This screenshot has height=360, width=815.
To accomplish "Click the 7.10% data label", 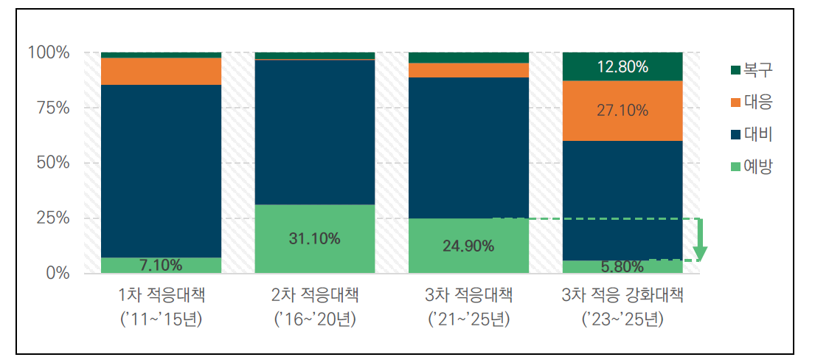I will point(161,265).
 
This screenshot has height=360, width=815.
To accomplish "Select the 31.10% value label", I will point(315,238).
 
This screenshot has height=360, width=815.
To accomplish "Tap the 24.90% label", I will point(468,246).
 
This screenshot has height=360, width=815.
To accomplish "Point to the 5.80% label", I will point(622,266).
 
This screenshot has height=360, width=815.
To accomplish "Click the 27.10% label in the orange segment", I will point(622,111).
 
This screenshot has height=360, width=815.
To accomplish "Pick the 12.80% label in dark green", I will point(622,67).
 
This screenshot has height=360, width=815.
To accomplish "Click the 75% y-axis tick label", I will point(52,108).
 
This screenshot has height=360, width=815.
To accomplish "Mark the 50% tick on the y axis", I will point(52,163).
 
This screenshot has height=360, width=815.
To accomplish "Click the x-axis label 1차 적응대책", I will point(161,297).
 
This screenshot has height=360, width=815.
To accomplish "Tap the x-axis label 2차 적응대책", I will point(315,297).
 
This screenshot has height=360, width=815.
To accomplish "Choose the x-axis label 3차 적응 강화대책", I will point(622,297).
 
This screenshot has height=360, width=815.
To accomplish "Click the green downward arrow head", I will point(700,254).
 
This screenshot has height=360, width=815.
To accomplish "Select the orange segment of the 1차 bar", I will point(161,72).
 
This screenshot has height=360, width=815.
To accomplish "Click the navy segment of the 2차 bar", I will point(315,132).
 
